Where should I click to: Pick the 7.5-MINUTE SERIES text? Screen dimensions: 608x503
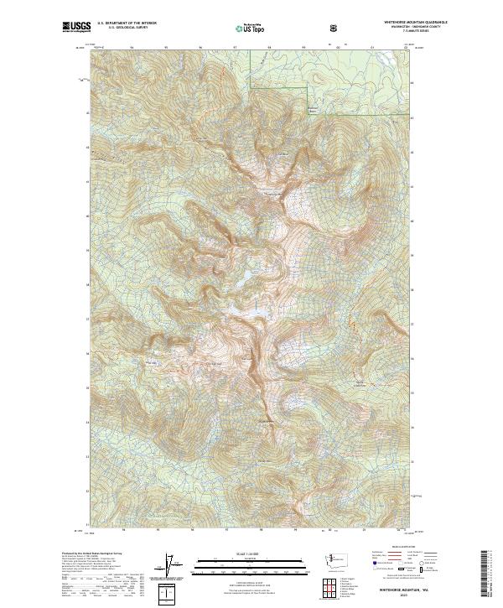(x=394, y=33)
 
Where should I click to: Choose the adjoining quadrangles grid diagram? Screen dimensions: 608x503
(x=325, y=591)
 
